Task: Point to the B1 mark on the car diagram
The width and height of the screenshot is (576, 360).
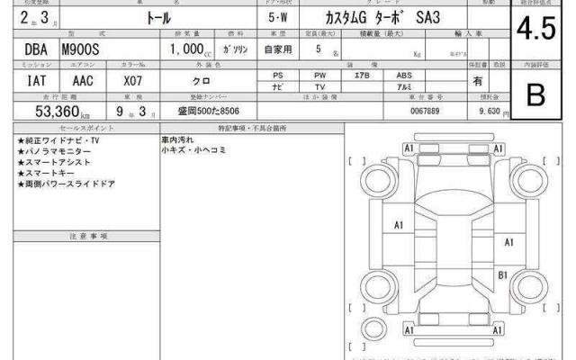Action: [504, 274]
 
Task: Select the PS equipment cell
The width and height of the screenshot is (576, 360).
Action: [279, 76]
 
